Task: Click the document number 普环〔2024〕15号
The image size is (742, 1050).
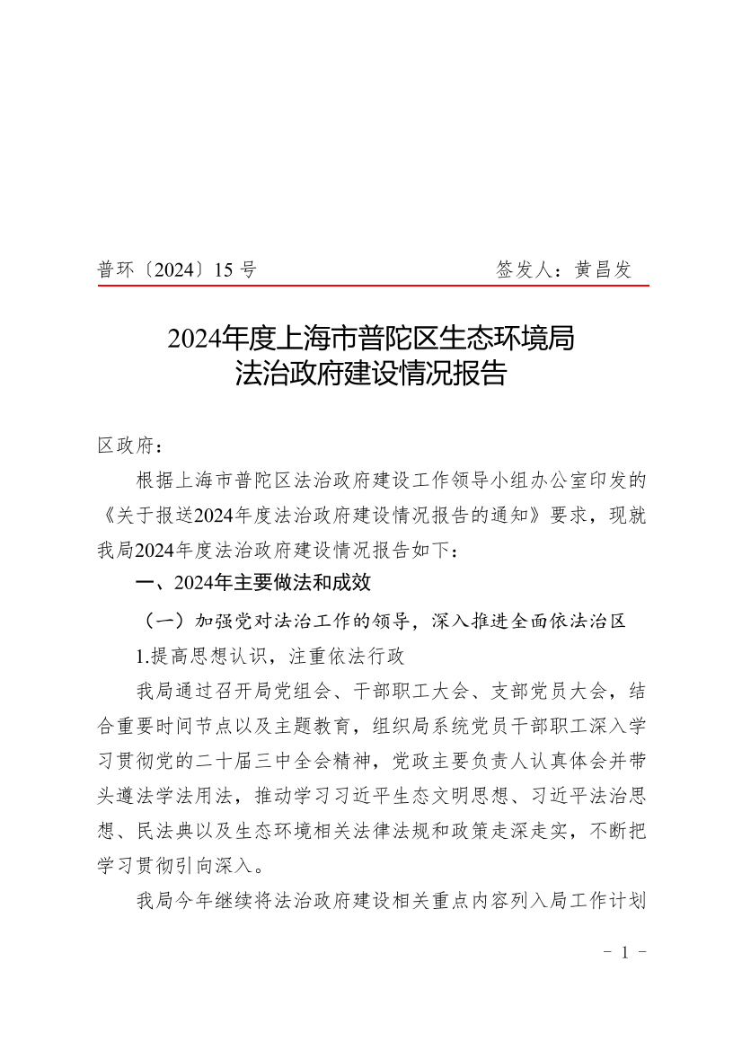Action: [x=177, y=269]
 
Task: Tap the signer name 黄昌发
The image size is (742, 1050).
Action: [x=604, y=269]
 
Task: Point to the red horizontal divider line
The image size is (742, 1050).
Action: [x=373, y=287]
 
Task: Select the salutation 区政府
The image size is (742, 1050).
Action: [x=126, y=446]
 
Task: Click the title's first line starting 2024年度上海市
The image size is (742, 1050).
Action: [x=370, y=339]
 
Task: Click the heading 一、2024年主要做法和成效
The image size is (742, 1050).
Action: [x=252, y=583]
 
